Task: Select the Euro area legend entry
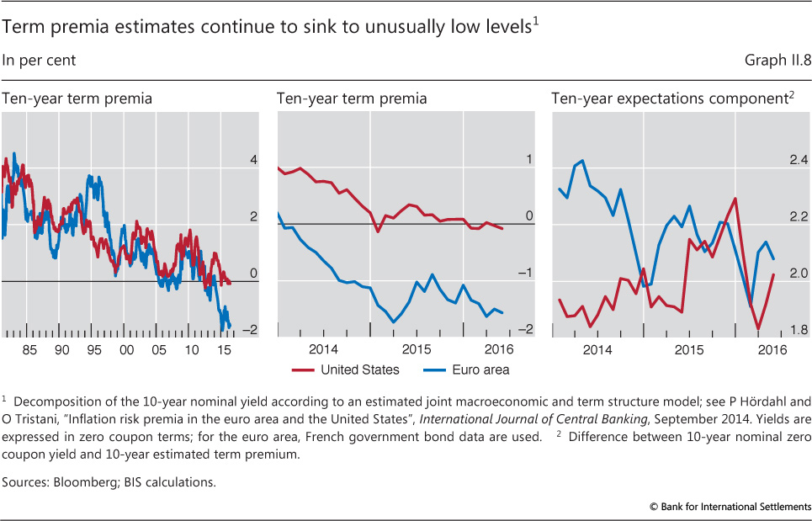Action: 480,369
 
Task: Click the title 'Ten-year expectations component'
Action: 668,98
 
